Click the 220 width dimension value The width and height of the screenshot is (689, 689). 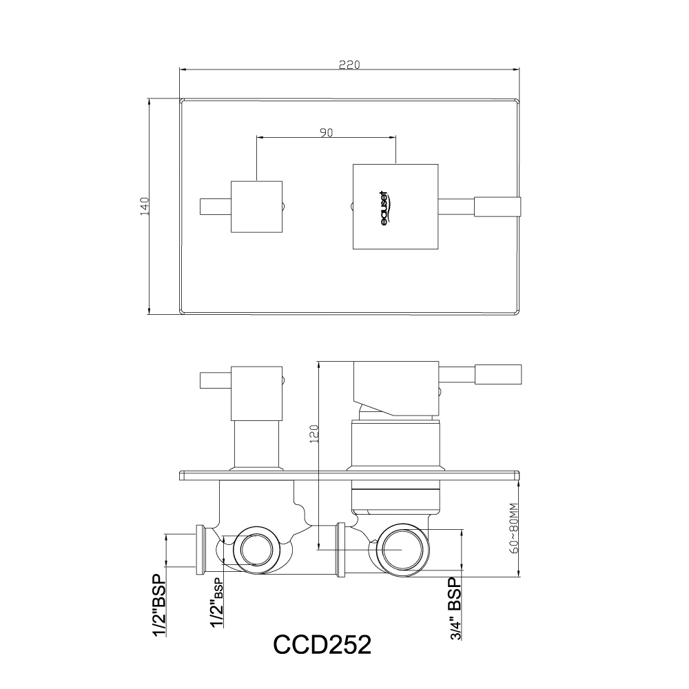click(x=349, y=65)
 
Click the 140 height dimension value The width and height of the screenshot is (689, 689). click(x=145, y=207)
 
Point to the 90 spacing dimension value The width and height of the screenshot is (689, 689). click(x=327, y=133)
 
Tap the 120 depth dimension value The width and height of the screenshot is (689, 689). click(x=314, y=435)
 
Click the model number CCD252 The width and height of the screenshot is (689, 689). click(x=322, y=644)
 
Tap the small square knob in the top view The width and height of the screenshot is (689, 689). click(x=256, y=207)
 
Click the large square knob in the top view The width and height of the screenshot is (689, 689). click(x=395, y=207)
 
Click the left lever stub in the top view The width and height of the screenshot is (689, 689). click(x=214, y=207)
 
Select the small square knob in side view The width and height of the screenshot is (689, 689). click(x=256, y=393)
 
